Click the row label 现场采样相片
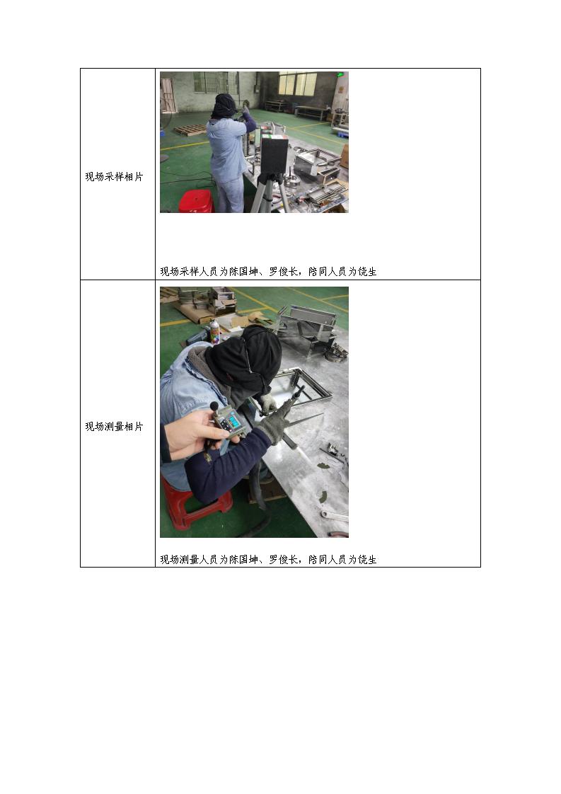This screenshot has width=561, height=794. (x=114, y=177)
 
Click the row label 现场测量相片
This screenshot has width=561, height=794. (x=114, y=427)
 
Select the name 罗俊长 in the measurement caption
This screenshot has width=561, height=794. (x=284, y=560)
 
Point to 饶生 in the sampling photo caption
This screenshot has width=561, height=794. (x=367, y=272)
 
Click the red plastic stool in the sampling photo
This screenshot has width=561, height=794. (x=195, y=201)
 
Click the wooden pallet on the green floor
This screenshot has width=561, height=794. (x=190, y=130)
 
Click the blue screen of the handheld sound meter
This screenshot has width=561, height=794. (x=233, y=421)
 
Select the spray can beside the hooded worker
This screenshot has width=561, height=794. (x=214, y=332)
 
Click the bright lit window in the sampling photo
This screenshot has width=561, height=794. (x=297, y=84)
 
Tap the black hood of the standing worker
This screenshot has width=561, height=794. (x=224, y=106)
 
